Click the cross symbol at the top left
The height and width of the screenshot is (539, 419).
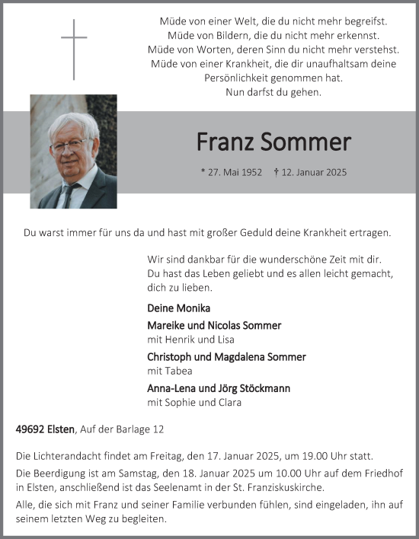[74, 49]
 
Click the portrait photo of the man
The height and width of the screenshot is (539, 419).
[74, 151]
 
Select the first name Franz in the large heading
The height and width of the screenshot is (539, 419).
[222, 142]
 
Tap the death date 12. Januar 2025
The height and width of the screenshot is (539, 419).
[313, 173]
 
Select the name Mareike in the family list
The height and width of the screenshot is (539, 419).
[167, 325]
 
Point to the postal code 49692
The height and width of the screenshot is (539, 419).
[30, 430]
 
